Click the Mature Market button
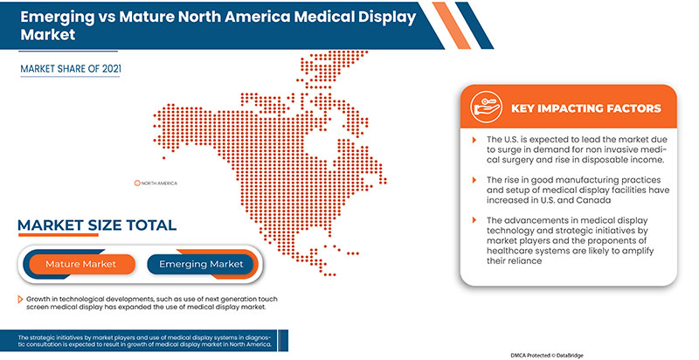click(x=80, y=263)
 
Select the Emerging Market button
click(x=200, y=263)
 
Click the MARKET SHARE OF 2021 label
click(x=72, y=66)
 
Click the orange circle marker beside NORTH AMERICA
click(x=137, y=183)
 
